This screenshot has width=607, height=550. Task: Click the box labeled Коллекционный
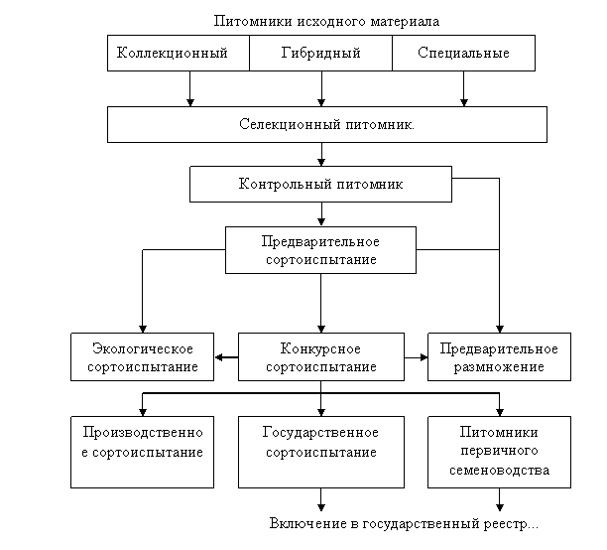tap(179, 54)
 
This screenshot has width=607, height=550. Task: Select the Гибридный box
tap(320, 54)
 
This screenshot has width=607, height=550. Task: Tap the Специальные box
tap(463, 54)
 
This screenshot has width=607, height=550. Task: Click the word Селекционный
tap(284, 126)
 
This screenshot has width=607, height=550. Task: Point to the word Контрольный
tap(280, 185)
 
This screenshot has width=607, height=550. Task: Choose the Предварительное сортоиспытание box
tap(320, 250)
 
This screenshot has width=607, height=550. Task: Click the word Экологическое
tap(142, 349)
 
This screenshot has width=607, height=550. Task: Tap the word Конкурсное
tap(320, 349)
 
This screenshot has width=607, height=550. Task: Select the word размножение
tap(499, 367)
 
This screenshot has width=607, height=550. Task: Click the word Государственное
tap(320, 433)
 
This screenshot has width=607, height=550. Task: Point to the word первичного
tap(499, 451)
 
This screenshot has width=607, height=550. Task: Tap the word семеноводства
tap(499, 470)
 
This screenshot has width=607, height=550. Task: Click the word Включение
tap(302, 523)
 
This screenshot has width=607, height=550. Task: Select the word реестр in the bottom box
tap(516, 523)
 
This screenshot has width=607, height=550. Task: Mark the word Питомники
tap(499, 433)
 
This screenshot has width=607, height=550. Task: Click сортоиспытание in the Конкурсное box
tap(320, 367)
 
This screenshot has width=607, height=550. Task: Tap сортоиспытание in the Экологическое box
tap(142, 367)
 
